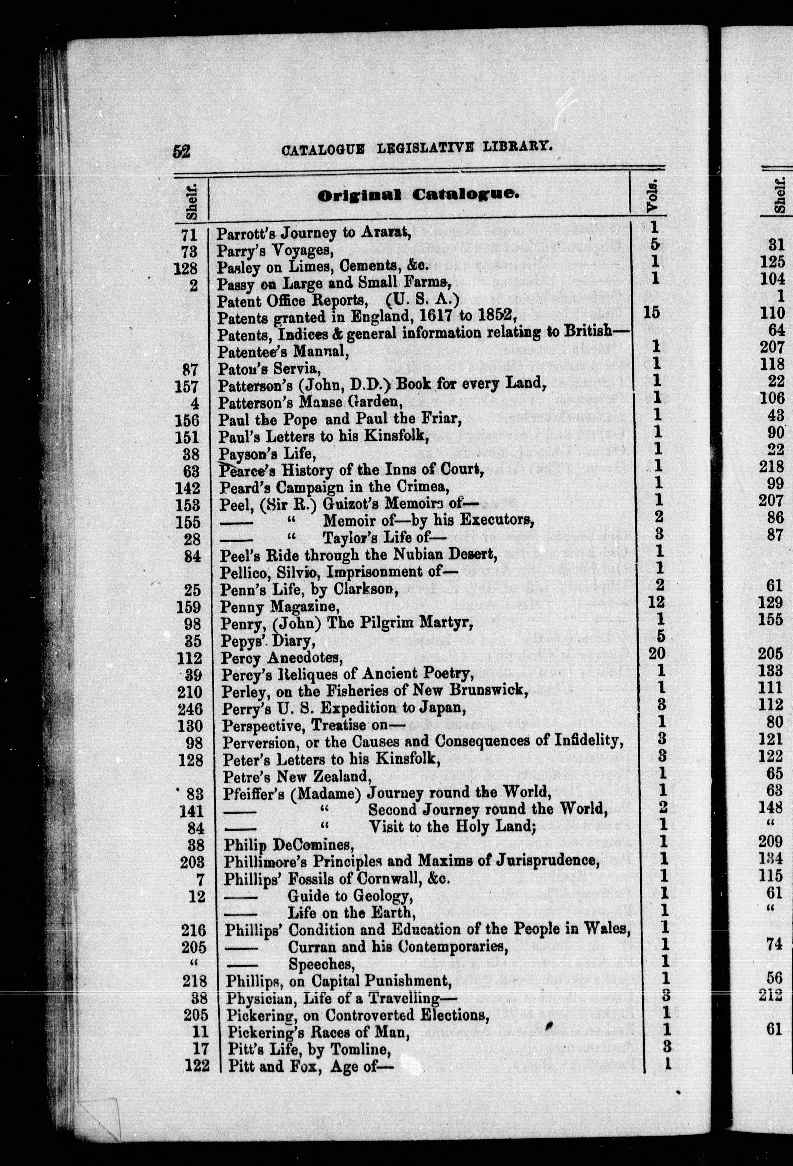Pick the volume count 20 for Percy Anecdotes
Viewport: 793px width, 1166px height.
[x=659, y=654]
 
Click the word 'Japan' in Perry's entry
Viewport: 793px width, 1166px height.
[x=444, y=708]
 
